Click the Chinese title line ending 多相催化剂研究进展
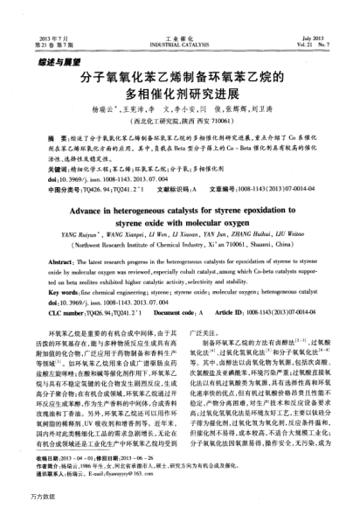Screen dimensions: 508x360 coord(180,94)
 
